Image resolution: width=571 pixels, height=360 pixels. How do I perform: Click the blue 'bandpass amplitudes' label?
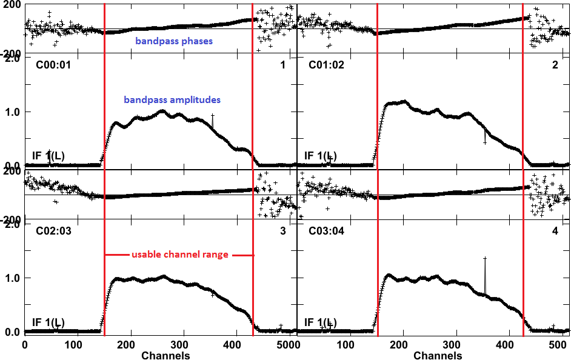pyautogui.click(x=172, y=99)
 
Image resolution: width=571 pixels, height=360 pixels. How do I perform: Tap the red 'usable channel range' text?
pyautogui.click(x=180, y=255)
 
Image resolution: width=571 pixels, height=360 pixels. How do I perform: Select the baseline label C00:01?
pyautogui.click(x=54, y=65)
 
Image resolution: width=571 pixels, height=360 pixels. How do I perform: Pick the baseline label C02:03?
pyautogui.click(x=54, y=231)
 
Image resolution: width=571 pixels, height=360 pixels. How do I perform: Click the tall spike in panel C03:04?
pyautogui.click(x=485, y=259)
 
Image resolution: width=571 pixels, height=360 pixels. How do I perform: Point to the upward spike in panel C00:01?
pyautogui.click(x=213, y=116)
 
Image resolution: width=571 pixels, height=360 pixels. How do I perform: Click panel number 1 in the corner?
pyautogui.click(x=282, y=65)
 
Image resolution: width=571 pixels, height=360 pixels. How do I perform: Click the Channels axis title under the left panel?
pyautogui.click(x=165, y=356)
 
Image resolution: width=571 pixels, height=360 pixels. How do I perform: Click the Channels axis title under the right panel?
pyautogui.click(x=438, y=356)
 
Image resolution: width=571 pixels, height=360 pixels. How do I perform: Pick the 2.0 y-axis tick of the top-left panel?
pyautogui.click(x=11, y=58)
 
